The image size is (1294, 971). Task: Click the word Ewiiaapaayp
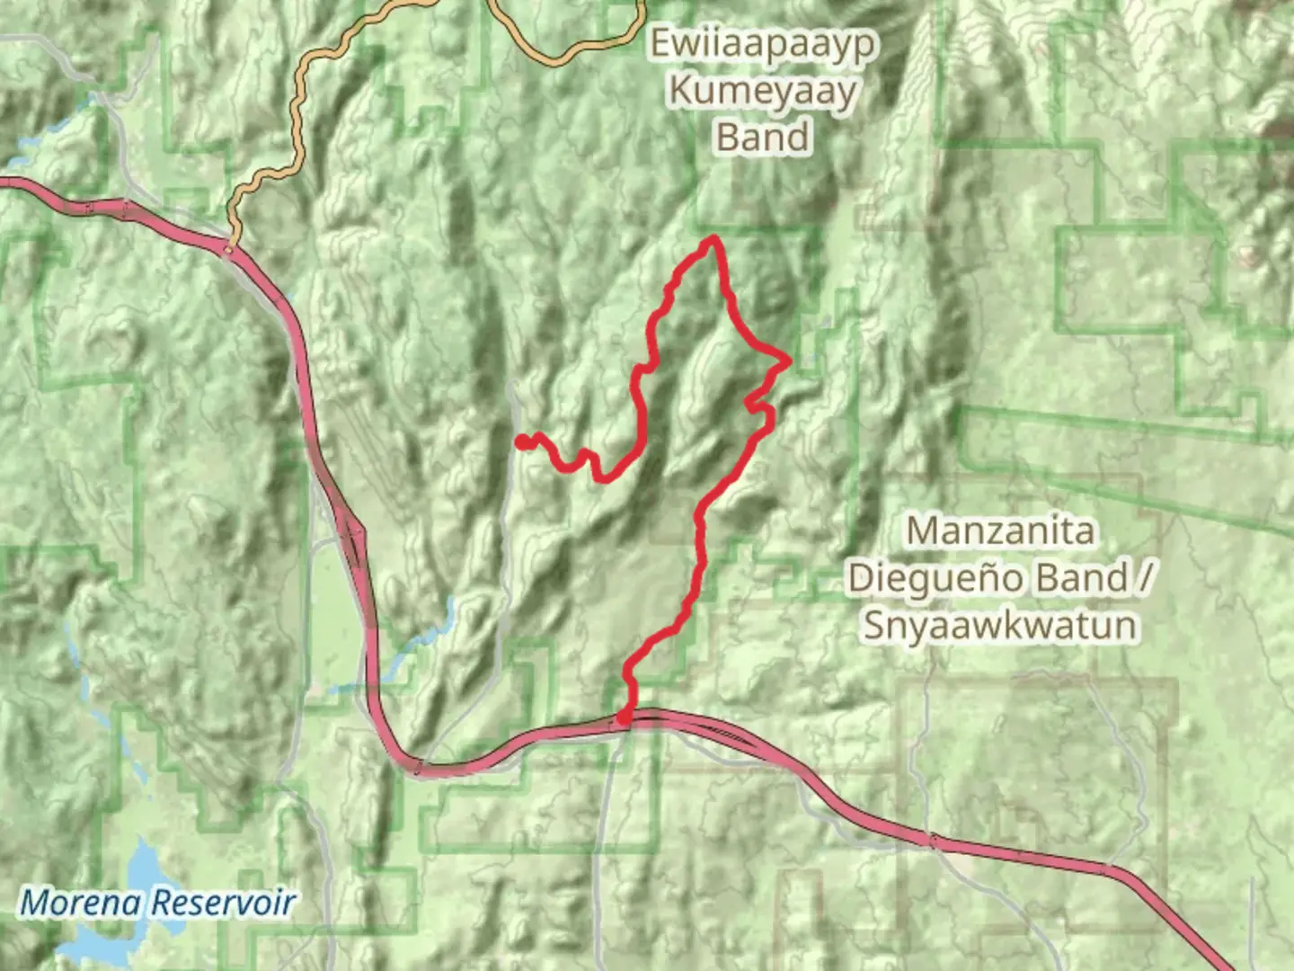click(763, 43)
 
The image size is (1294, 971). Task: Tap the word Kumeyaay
click(763, 91)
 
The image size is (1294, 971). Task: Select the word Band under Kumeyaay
click(763, 138)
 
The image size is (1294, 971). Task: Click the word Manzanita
click(1000, 530)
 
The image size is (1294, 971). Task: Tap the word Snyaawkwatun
click(1000, 625)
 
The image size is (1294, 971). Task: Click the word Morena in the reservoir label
click(81, 902)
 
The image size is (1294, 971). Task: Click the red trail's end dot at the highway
click(624, 717)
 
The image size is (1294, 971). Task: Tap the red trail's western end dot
click(521, 441)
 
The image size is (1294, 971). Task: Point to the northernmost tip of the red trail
click(713, 238)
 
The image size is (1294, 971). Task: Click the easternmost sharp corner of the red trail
click(788, 361)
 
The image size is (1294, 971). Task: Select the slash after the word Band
click(1143, 577)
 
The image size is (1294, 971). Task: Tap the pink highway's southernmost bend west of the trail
click(422, 769)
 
